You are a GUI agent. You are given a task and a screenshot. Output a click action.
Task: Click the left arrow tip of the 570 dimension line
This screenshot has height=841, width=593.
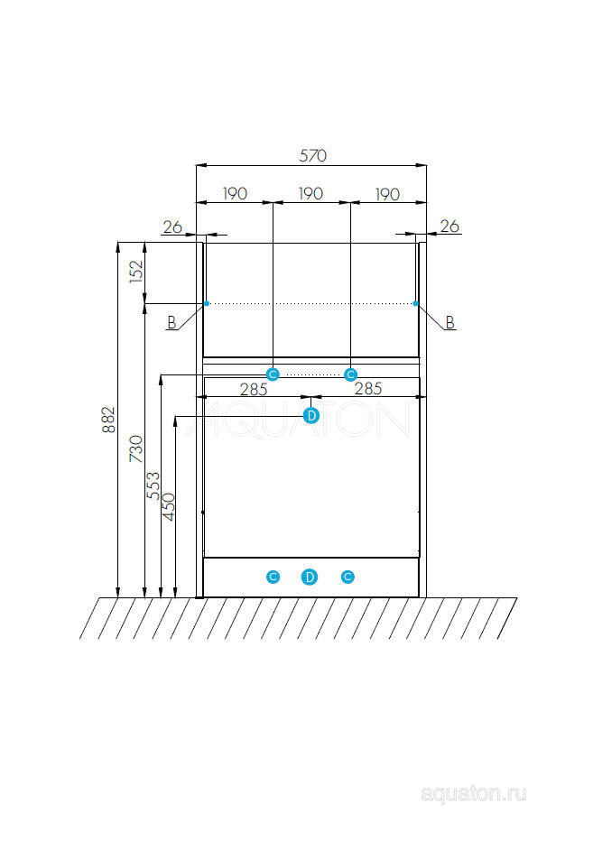pos(197,166)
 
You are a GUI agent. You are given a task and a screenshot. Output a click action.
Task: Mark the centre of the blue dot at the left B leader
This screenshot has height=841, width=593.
pos(207,303)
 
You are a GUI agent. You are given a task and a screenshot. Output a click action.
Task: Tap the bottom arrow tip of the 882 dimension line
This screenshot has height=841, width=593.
pos(118,596)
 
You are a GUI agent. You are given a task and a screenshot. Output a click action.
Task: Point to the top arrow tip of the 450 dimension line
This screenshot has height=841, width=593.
pos(175,417)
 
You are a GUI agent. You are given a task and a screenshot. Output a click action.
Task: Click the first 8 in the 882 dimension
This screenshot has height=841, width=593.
pos(108,428)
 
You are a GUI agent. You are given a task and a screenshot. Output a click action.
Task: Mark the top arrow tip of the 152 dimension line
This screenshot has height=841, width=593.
pos(144,243)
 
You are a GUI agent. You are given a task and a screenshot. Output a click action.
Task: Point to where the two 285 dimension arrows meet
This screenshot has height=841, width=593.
pos(311,397)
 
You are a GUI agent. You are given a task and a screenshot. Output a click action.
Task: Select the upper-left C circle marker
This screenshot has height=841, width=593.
pos(273,374)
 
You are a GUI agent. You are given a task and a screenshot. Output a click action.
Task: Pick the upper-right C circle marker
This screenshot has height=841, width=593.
pos(350,374)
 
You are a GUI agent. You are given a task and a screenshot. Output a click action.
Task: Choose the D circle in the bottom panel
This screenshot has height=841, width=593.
pos(310,578)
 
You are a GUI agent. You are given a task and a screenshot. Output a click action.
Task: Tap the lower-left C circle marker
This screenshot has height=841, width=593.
pos(273,578)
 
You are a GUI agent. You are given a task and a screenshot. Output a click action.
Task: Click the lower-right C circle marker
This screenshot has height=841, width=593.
pos(347,578)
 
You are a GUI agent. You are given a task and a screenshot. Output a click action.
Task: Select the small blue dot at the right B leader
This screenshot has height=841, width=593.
pos(415,303)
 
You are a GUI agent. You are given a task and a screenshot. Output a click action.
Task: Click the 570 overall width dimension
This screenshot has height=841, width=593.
pos(313,155)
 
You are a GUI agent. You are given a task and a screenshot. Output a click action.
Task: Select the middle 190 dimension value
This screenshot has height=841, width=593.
pos(310,194)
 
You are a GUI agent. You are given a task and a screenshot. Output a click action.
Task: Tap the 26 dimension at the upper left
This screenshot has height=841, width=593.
pos(172,226)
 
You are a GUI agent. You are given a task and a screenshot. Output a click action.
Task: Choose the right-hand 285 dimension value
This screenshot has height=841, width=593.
pos(368,388)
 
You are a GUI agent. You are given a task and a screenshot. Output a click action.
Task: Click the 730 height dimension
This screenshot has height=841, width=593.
pos(136,449)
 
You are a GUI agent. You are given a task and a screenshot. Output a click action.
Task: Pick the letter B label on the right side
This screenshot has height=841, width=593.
pos(449,322)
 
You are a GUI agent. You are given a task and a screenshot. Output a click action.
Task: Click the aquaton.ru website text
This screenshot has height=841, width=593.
pos(474,794)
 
